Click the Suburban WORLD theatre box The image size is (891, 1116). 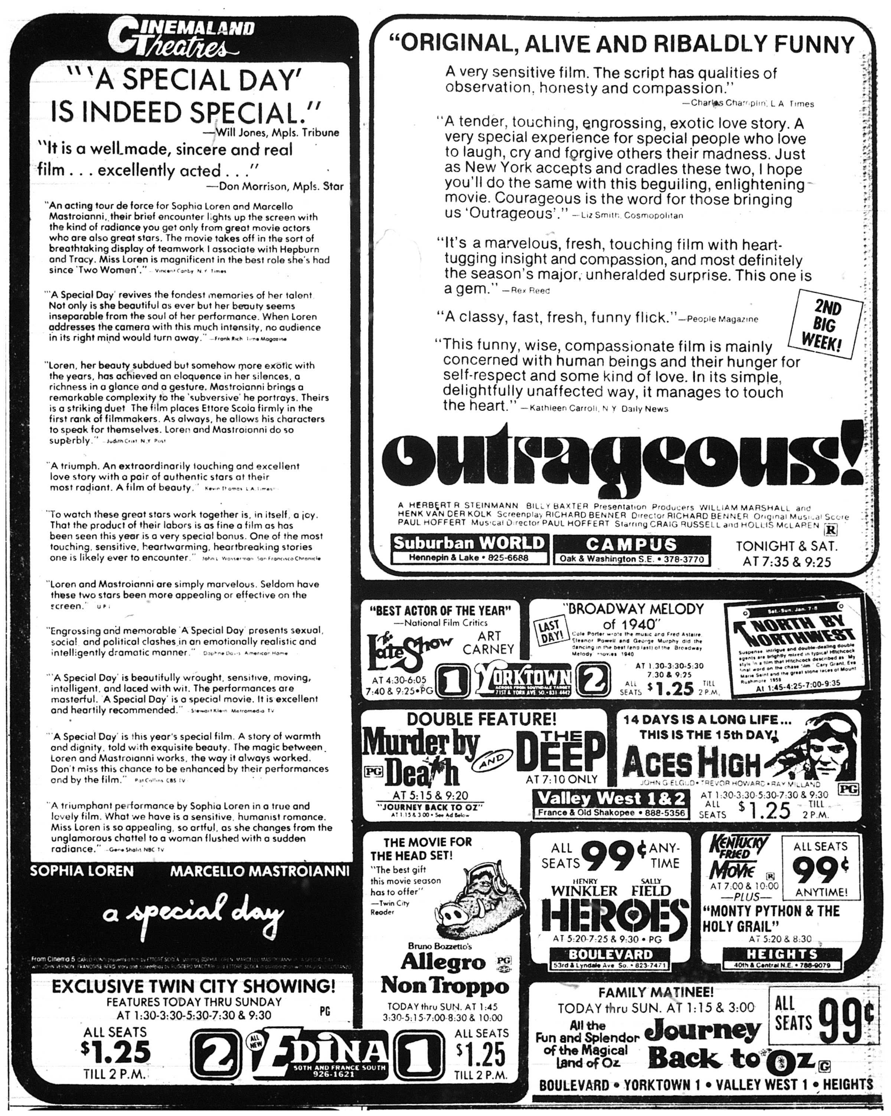click(x=469, y=549)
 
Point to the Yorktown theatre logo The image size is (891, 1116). click(x=522, y=679)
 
